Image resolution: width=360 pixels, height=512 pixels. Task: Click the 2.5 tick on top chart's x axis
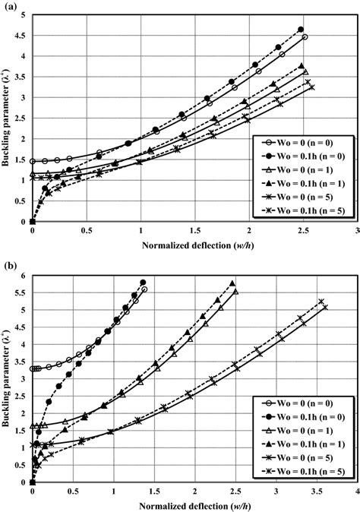[302, 231]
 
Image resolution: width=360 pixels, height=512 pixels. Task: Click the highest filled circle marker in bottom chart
[143, 283]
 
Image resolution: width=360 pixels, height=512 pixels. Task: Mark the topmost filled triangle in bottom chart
[232, 283]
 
